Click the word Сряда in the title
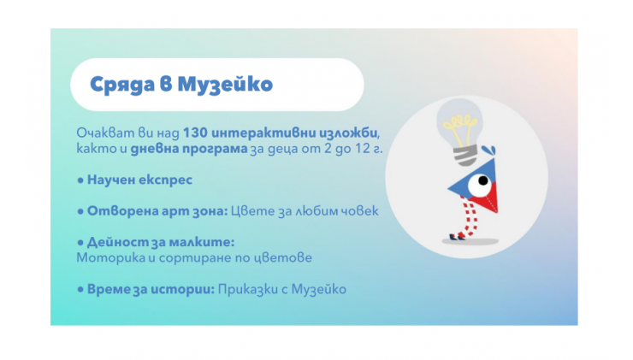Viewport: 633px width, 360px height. (x=122, y=85)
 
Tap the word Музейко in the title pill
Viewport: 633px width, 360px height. (x=225, y=85)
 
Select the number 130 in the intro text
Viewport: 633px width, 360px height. (x=195, y=133)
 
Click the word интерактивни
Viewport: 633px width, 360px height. (x=263, y=133)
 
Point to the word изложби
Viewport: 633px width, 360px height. (x=349, y=133)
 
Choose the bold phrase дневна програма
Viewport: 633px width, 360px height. (x=188, y=149)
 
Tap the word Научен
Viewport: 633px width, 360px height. (x=110, y=180)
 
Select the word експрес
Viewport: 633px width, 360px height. (x=165, y=180)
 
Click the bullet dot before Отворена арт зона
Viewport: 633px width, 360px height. (x=80, y=211)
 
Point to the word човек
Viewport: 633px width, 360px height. (x=357, y=210)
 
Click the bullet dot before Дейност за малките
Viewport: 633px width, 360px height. (x=80, y=243)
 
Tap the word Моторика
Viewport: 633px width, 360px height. (x=110, y=257)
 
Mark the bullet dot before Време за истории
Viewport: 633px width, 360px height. (x=80, y=289)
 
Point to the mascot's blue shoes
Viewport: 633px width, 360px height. (x=458, y=237)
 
